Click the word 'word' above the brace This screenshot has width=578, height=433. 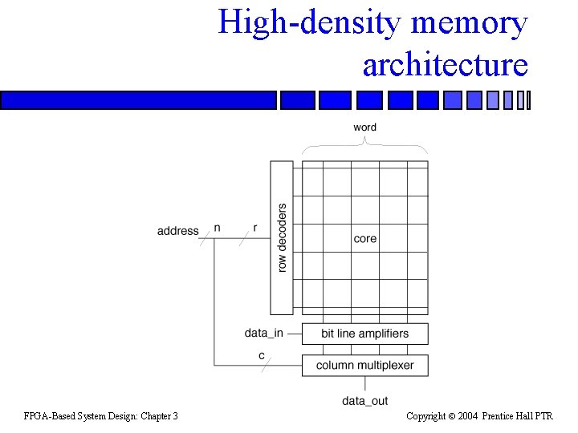point(364,127)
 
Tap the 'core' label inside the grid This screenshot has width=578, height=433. point(364,238)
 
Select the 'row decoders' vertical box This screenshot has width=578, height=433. point(282,237)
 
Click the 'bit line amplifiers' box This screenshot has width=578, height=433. point(365,334)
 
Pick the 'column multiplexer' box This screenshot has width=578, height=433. point(365,366)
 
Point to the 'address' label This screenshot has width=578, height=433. point(177,231)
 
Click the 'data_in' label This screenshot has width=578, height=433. point(264,334)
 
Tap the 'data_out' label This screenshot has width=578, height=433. point(365,401)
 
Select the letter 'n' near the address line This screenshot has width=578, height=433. point(217,228)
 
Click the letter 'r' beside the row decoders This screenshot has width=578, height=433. point(255,228)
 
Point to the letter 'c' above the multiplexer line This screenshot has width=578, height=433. point(262,355)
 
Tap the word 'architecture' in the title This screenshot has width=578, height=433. point(446,64)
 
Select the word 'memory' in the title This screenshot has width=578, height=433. point(469,22)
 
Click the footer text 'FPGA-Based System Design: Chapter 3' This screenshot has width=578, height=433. point(101,415)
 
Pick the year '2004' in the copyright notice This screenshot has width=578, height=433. point(467,415)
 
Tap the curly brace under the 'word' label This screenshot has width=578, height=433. point(365,146)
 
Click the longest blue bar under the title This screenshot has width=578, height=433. point(138,100)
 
